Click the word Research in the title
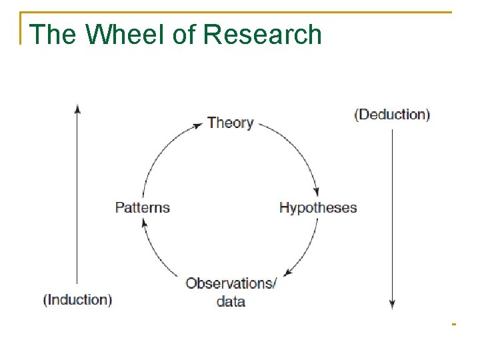pyautogui.click(x=263, y=35)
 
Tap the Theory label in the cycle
pyautogui.click(x=230, y=123)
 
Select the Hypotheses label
pyautogui.click(x=318, y=207)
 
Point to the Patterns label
pyautogui.click(x=143, y=207)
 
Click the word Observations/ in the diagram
pyautogui.click(x=231, y=283)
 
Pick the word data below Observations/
pyautogui.click(x=231, y=301)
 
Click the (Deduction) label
pyautogui.click(x=392, y=114)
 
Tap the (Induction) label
pyautogui.click(x=77, y=299)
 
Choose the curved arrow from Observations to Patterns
pyautogui.click(x=155, y=253)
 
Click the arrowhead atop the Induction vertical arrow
pyautogui.click(x=77, y=108)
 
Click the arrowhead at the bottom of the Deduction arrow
pyautogui.click(x=392, y=305)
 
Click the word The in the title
pyautogui.click(x=52, y=35)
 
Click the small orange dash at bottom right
pyautogui.click(x=453, y=325)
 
